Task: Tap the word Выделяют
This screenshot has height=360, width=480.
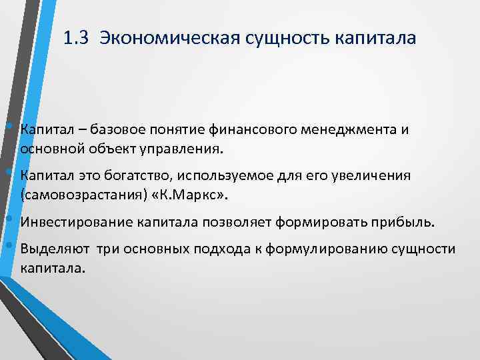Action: tap(51, 249)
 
